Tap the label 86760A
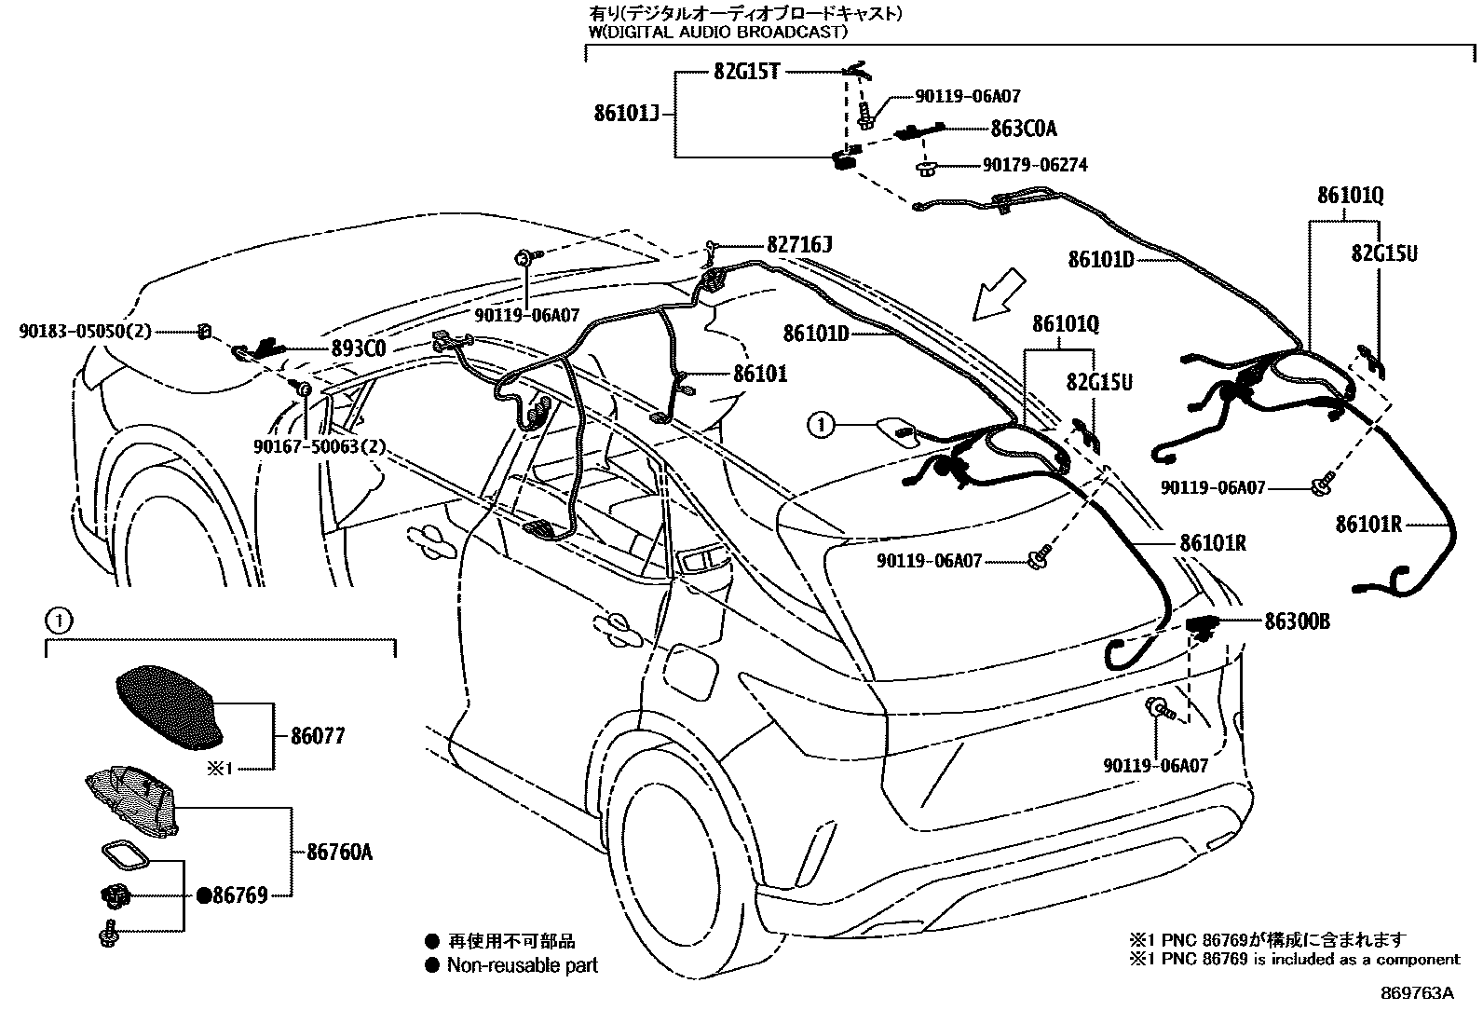(x=340, y=852)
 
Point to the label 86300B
(x=1297, y=621)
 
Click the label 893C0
(x=359, y=348)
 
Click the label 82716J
(x=798, y=245)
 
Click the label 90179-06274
(x=1034, y=165)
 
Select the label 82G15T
(x=746, y=72)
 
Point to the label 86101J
(x=626, y=114)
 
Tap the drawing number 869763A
(x=1417, y=993)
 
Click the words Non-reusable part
(x=522, y=965)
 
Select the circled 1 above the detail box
(x=58, y=618)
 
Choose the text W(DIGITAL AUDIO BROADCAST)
(x=717, y=32)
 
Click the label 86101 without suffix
(x=760, y=375)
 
